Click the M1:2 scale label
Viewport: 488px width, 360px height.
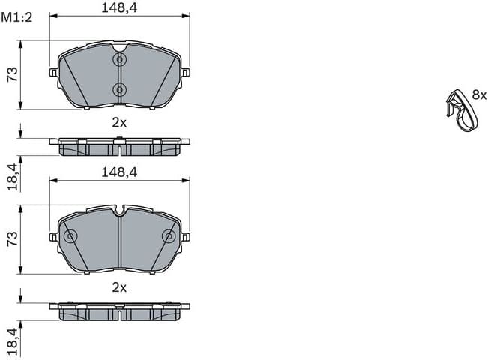16,17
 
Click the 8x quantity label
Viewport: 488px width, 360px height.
479,95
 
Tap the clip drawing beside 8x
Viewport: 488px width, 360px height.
458,109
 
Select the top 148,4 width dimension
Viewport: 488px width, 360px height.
119,8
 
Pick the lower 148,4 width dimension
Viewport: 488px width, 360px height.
119,172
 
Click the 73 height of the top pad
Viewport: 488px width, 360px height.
11,73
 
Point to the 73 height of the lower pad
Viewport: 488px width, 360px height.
11,238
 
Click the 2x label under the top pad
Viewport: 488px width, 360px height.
119,121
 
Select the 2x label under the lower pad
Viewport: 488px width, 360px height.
119,286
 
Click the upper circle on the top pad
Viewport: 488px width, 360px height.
119,59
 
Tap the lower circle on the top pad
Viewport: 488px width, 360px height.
119,89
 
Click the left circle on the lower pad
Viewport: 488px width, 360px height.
70,237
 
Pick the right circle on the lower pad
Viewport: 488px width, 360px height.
169,237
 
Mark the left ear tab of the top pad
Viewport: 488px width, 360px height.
53,73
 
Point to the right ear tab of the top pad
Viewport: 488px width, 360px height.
186,73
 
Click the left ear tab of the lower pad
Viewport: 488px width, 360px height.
53,237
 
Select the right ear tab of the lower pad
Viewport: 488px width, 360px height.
186,237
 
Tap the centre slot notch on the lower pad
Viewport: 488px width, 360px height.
119,213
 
